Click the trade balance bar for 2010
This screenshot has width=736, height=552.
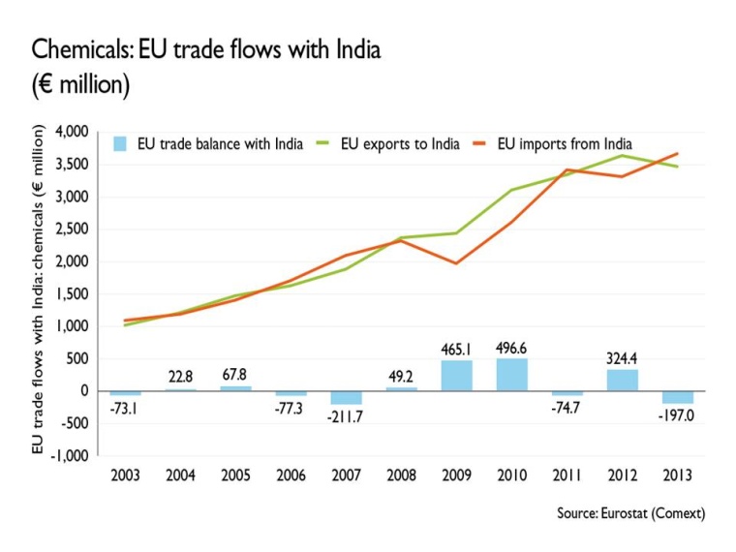pos(512,375)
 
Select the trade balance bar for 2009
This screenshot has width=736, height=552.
pos(457,376)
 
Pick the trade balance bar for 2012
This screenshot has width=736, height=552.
pos(623,381)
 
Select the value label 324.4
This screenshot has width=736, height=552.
pos(623,358)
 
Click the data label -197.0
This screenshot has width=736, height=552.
pos(678,416)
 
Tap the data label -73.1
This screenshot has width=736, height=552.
pos(126,409)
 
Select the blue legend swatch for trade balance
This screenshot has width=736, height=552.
pos(120,144)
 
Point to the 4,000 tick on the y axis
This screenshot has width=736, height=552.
pos(74,132)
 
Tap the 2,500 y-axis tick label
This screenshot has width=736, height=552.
pos(74,230)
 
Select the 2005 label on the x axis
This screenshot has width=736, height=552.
pos(236,475)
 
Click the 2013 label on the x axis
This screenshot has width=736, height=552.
pos(678,475)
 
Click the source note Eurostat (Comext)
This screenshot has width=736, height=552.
pos(630,513)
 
